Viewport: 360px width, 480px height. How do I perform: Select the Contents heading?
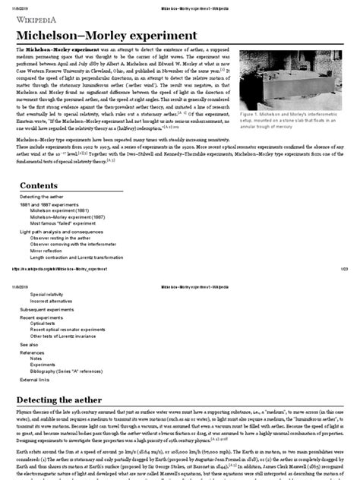tap(43, 185)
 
